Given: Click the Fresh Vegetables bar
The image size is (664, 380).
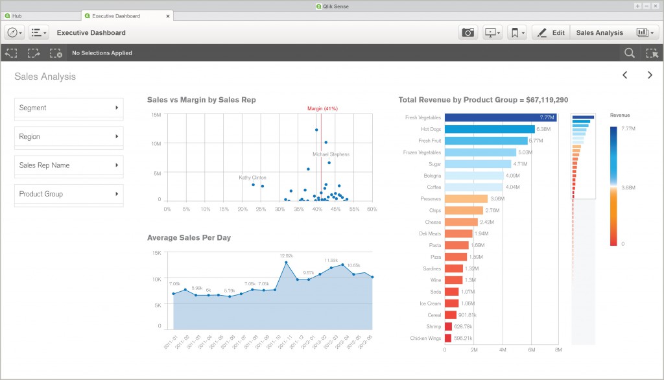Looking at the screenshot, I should [500, 117].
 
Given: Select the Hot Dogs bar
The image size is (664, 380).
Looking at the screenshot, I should [489, 129].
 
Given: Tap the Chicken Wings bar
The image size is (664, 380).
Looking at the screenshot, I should [448, 338].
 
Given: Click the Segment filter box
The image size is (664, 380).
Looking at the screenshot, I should [69, 108].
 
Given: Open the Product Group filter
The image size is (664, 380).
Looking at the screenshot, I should [69, 194].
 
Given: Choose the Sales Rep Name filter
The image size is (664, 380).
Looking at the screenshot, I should [69, 165].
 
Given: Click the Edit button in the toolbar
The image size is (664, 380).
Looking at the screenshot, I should [551, 32].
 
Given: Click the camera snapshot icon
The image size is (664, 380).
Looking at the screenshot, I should [468, 32].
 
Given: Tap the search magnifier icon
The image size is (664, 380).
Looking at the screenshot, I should [629, 53].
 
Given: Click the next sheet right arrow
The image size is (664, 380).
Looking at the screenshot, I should [650, 75].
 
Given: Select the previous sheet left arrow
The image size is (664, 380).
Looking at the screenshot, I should [625, 75].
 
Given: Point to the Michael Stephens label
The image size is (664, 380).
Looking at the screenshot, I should [331, 154].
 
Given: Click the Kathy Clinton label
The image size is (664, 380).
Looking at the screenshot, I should [252, 177].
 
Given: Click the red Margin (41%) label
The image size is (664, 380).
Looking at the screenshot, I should [322, 108].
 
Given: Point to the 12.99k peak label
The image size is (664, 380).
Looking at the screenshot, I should [286, 255].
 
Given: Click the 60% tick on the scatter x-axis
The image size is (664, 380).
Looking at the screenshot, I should [372, 209].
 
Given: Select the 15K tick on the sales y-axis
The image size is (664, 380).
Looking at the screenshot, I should [156, 252].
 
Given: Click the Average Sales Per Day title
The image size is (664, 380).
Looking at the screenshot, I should [189, 237].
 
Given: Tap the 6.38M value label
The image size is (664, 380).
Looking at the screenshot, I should [543, 129].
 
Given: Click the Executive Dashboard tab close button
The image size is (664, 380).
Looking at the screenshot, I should [169, 16].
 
